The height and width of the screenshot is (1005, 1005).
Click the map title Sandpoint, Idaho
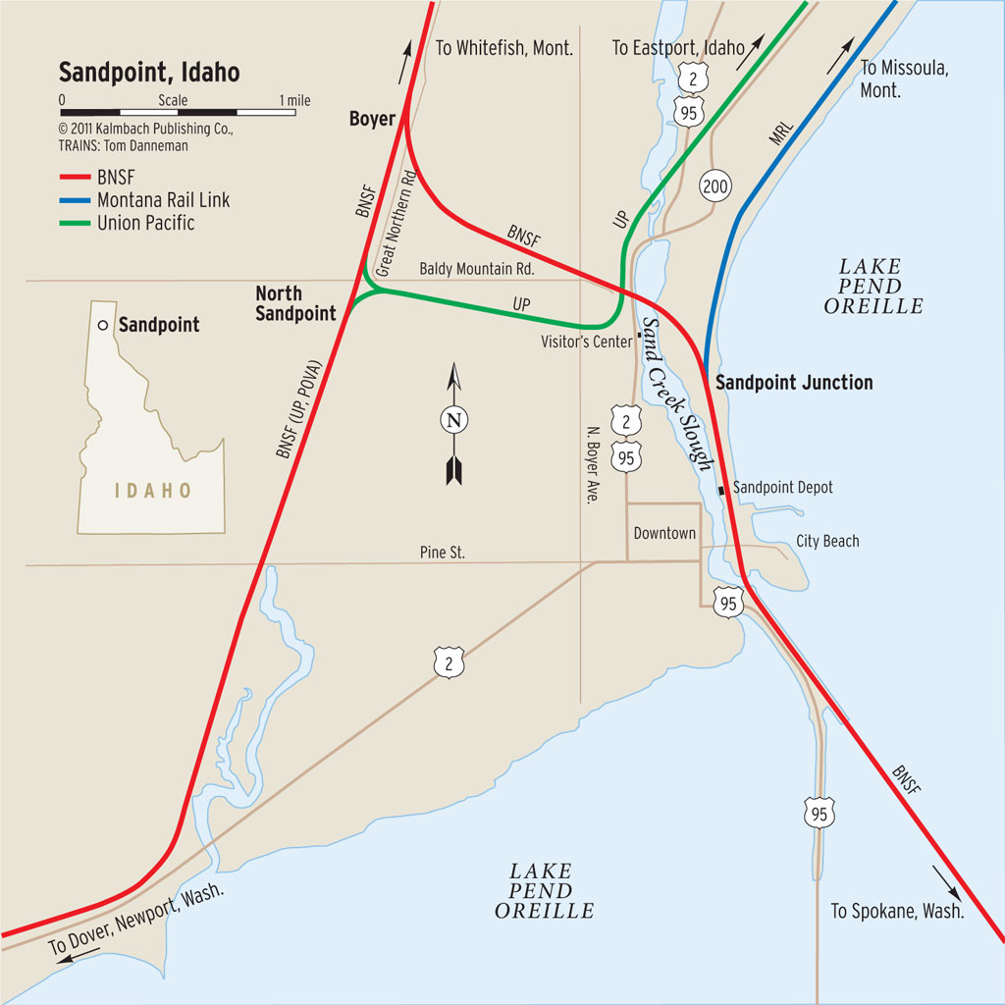point(149,73)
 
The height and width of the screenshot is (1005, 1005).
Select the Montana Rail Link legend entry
point(163,200)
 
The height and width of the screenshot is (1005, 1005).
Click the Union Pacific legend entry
point(145,223)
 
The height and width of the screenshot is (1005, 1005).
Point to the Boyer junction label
point(372,120)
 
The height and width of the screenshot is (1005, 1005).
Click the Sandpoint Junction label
point(794,383)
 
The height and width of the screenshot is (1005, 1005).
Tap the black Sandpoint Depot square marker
point(723,489)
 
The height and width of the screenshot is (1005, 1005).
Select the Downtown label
point(664,533)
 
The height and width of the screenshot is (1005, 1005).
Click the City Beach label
point(827,541)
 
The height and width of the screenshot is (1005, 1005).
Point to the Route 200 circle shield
point(714,185)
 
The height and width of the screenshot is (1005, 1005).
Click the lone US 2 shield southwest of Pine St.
point(449,664)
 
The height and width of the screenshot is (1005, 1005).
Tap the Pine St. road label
point(442,553)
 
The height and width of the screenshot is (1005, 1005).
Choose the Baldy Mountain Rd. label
point(477,268)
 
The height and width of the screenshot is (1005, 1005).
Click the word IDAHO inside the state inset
point(153,491)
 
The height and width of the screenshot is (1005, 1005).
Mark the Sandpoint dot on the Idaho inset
point(102,325)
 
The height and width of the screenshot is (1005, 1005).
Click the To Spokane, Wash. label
point(897,912)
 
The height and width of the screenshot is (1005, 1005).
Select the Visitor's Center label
point(586,342)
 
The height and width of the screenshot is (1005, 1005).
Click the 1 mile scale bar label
point(294,100)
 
